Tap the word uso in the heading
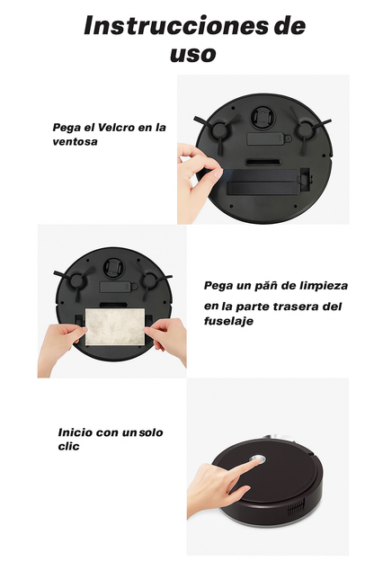(193, 54)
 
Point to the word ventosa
(76, 141)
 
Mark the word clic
(69, 446)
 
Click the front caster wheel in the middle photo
(114, 266)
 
